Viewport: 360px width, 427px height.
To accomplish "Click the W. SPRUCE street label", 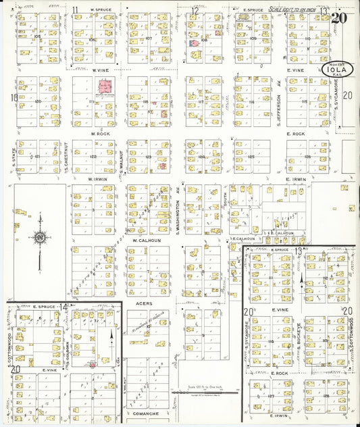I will point(91,10).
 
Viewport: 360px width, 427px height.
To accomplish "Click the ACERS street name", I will point(144,304).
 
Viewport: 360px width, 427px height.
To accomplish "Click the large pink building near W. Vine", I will point(105,87).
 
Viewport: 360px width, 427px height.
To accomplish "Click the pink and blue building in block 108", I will point(194,43).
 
